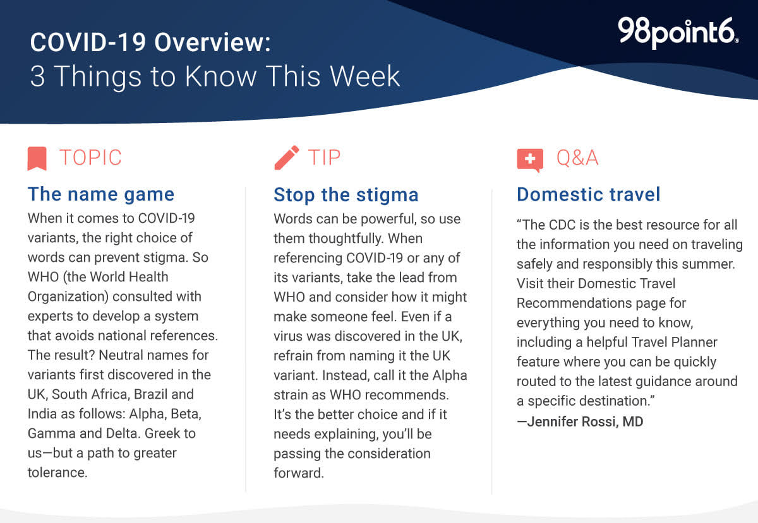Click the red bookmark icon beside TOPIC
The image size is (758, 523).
(37, 158)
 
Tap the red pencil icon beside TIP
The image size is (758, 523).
(287, 158)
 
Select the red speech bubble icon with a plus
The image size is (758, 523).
(530, 160)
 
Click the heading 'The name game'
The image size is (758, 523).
(101, 194)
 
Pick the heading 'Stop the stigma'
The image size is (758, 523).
(346, 195)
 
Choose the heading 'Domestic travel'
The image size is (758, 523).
(589, 194)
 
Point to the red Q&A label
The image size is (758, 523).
(577, 158)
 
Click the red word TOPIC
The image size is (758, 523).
(90, 158)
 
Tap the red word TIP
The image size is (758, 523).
(324, 158)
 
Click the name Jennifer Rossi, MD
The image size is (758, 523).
(585, 421)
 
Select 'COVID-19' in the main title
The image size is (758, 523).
(88, 43)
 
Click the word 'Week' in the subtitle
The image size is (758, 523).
(365, 76)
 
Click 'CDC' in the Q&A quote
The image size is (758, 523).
(562, 225)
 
